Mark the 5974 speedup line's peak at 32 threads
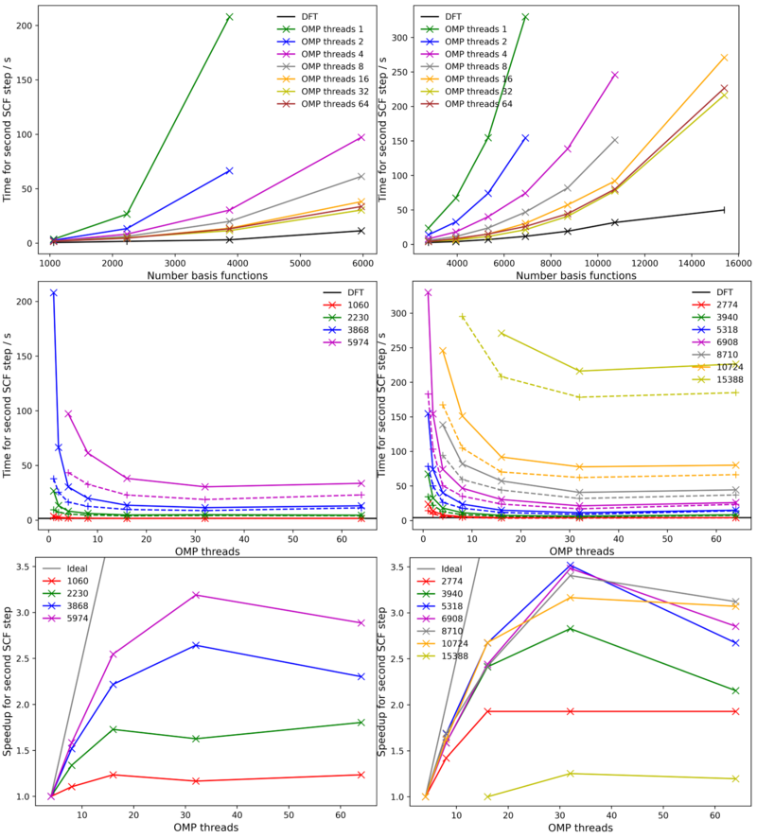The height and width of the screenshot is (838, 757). pos(196,595)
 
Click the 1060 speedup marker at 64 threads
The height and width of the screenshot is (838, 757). pos(361,775)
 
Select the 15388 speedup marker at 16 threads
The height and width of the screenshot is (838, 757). pos(488,796)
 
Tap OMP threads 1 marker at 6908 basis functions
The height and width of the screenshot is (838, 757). pos(525,17)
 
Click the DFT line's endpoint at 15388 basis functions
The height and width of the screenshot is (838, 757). pos(724,209)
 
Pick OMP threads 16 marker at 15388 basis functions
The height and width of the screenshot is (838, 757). pos(724,58)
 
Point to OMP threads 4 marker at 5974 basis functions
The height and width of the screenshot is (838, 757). pos(361,137)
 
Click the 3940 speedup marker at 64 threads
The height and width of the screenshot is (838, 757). pos(735,690)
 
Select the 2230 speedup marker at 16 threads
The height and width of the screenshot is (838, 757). pos(113,729)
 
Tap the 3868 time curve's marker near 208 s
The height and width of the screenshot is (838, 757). pos(53,293)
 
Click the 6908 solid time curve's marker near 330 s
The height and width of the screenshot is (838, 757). pos(428,293)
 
